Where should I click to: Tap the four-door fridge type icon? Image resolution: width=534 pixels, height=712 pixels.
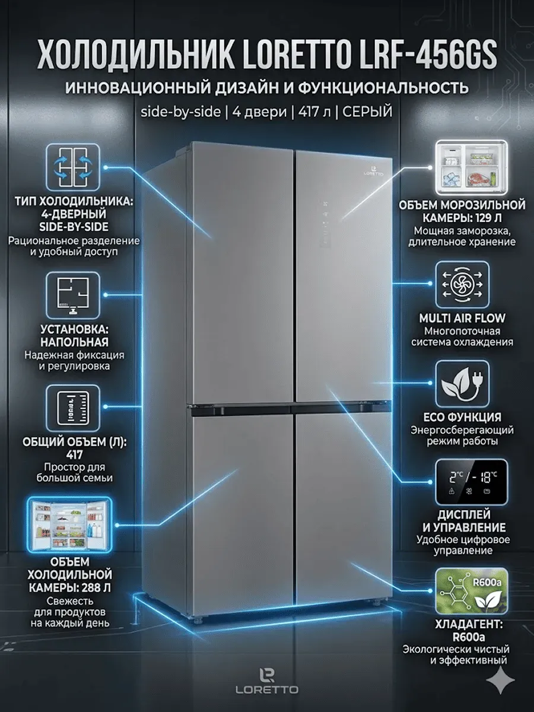(x=73, y=167)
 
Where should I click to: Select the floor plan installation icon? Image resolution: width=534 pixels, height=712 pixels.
(x=73, y=295)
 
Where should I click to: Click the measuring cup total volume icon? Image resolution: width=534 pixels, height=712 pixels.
(x=73, y=408)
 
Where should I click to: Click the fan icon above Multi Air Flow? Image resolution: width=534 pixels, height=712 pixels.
(x=462, y=284)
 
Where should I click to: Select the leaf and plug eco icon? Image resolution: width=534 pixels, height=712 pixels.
(x=462, y=384)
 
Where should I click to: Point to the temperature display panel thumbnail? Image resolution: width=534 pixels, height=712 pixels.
(x=471, y=482)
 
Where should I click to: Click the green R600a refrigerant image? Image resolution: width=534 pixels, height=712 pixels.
(x=471, y=590)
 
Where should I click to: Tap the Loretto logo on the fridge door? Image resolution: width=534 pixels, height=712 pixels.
(x=373, y=171)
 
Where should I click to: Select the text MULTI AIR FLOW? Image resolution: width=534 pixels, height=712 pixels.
(x=462, y=318)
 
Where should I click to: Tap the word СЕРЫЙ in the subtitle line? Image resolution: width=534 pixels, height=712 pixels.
(x=367, y=112)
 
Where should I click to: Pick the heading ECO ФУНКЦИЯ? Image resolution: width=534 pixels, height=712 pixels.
(x=462, y=417)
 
